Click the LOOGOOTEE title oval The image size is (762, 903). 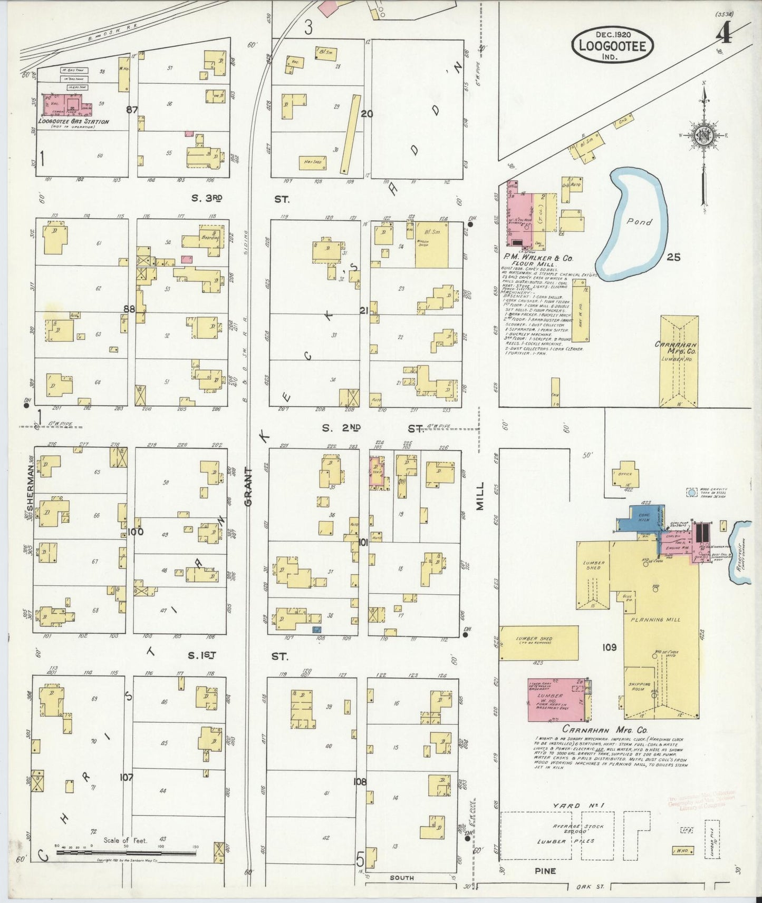pos(612,45)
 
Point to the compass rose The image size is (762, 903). pos(702,135)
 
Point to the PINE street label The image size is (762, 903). pos(545,871)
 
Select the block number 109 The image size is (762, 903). pos(609,647)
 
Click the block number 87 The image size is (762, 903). pos(132,110)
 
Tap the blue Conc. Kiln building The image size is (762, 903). pos(644,518)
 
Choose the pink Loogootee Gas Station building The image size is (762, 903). pos(66,105)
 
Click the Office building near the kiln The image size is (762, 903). pos(625,474)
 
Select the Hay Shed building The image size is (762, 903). pos(312,163)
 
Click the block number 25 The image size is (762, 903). pos(673,257)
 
